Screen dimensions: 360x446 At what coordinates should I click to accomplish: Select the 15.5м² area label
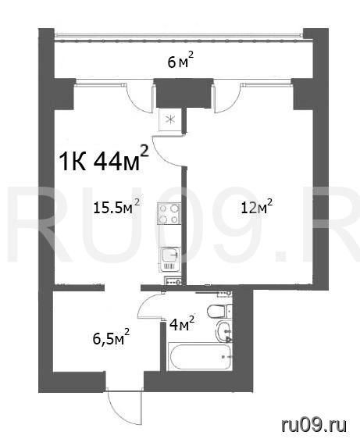(117, 207)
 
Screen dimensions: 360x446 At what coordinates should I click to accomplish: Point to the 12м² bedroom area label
(256, 207)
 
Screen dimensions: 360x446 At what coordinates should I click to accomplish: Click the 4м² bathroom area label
(182, 324)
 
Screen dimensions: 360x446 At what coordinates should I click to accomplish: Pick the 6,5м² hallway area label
(111, 337)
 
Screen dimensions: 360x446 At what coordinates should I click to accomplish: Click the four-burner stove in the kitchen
(169, 213)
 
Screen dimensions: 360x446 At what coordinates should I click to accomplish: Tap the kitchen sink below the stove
(170, 259)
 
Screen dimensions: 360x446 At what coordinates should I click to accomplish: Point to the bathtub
(200, 357)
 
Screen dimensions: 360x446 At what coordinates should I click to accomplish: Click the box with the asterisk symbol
(170, 120)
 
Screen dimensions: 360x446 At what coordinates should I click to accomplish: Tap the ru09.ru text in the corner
(314, 425)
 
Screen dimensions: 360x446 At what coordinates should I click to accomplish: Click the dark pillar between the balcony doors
(184, 93)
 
